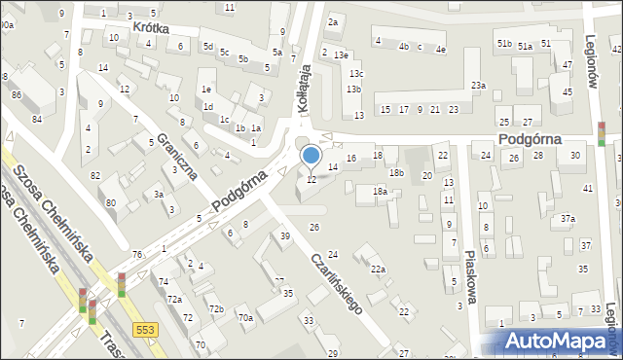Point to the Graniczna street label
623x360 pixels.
[177, 157]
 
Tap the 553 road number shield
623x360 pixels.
[146, 330]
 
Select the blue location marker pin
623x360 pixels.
[311, 156]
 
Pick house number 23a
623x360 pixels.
[478, 86]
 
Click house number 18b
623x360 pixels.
[395, 172]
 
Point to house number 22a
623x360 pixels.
[378, 270]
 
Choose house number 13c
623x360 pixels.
[356, 74]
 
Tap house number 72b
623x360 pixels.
[216, 308]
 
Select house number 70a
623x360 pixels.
[246, 317]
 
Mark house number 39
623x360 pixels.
[285, 236]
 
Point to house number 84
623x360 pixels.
[36, 119]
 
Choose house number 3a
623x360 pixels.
[158, 195]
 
